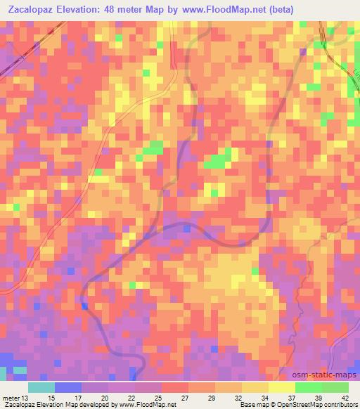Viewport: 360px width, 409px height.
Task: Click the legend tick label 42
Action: [x=345, y=399]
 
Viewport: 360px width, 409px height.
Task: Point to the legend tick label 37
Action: [x=292, y=399]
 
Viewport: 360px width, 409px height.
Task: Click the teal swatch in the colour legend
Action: [x=41, y=387]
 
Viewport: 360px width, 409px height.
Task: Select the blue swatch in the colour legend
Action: [x=67, y=387]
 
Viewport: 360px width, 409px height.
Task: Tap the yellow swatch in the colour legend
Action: [x=281, y=387]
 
